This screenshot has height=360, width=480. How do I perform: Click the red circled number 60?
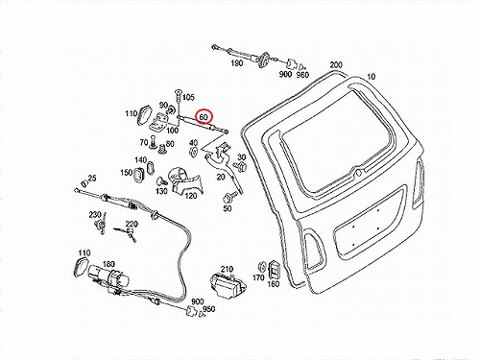coord(204,117)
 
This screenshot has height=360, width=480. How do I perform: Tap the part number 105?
coord(188,97)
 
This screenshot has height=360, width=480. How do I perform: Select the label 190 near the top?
coord(237,63)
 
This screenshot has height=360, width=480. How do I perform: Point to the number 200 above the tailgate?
coord(336,65)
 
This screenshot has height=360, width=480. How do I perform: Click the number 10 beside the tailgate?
coord(371,77)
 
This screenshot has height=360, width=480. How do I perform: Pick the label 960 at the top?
coord(302,75)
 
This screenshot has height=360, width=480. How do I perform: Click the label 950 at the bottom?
coord(209,309)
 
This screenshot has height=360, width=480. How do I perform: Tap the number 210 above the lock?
coord(227,269)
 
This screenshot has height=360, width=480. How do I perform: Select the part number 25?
coord(92,179)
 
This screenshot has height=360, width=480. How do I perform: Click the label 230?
coord(95,215)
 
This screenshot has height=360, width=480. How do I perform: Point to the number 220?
coord(132,224)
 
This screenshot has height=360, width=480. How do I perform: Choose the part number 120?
coord(191,195)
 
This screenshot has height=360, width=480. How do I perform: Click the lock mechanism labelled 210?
coord(228,286)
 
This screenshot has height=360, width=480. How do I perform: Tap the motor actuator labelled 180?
coord(108,277)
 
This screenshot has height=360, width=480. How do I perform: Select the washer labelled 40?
coord(194,151)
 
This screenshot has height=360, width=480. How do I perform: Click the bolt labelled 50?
coord(230,197)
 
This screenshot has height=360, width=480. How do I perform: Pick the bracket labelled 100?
coord(158,122)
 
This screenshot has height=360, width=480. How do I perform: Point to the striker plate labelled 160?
coord(274,269)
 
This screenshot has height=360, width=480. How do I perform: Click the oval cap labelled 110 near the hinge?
coord(143,114)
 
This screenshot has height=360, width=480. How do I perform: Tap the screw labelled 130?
coord(162,181)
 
